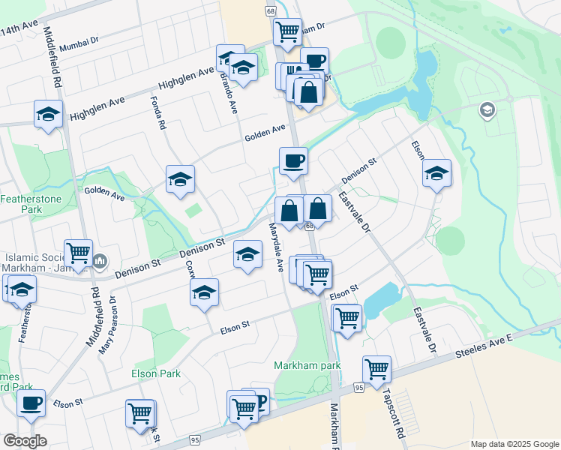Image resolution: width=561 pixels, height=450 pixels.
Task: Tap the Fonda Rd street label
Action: [158, 112]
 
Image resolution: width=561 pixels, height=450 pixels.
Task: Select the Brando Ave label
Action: [228, 90]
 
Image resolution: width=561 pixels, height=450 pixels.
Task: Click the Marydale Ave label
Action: [275, 247]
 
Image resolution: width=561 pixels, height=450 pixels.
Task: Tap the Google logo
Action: [25, 441]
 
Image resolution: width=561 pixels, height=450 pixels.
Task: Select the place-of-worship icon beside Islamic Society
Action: [100, 261]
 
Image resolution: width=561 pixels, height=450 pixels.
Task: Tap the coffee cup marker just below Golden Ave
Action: [293, 160]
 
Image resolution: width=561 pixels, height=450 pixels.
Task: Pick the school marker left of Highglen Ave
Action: [49, 114]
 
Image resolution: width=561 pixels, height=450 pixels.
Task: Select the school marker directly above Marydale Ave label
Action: [247, 254]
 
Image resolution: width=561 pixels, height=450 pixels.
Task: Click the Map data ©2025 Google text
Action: [514, 443]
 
